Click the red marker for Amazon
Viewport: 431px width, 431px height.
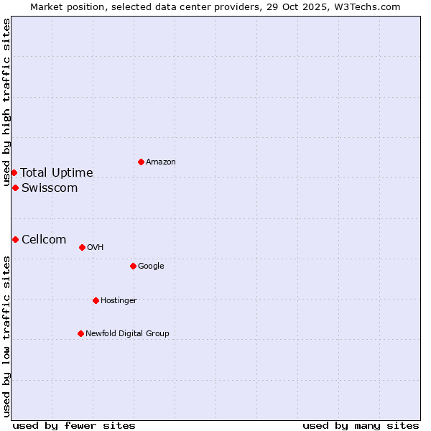(141, 162)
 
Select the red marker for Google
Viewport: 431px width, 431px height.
(133, 266)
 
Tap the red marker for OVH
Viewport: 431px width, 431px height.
(82, 247)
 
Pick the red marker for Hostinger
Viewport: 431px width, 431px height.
(96, 300)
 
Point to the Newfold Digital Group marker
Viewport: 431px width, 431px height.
(80, 333)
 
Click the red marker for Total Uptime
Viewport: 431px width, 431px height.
(14, 172)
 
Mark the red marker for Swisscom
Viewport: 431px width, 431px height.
(15, 187)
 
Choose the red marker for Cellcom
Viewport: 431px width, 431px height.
(15, 239)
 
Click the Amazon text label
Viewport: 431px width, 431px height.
(161, 162)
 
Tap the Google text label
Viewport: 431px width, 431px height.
(151, 267)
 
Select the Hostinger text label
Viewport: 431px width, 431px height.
(119, 301)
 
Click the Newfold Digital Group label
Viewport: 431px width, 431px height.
(127, 334)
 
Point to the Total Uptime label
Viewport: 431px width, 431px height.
(57, 173)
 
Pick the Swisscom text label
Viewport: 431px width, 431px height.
(50, 188)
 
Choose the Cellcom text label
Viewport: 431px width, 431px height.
(44, 240)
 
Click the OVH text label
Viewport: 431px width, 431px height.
(96, 248)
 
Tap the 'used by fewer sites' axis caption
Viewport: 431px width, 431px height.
(74, 425)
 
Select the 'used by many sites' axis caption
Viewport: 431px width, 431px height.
(361, 425)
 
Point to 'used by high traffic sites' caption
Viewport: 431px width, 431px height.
(6, 103)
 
